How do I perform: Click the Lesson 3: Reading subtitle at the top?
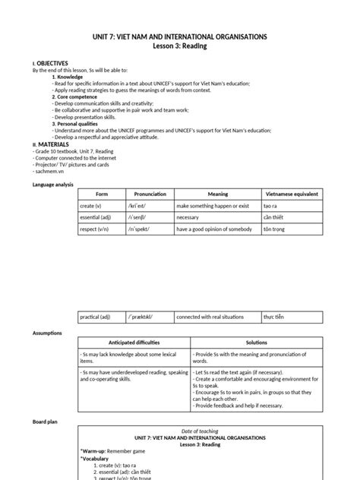pyautogui.click(x=180, y=46)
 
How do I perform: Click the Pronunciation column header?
pyautogui.click(x=150, y=194)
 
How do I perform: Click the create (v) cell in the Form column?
pyautogui.click(x=92, y=207)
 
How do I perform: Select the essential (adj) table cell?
pyautogui.click(x=95, y=218)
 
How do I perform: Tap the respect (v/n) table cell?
pyautogui.click(x=95, y=229)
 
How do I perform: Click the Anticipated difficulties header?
pyautogui.click(x=141, y=343)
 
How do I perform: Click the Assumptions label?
pyautogui.click(x=48, y=333)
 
